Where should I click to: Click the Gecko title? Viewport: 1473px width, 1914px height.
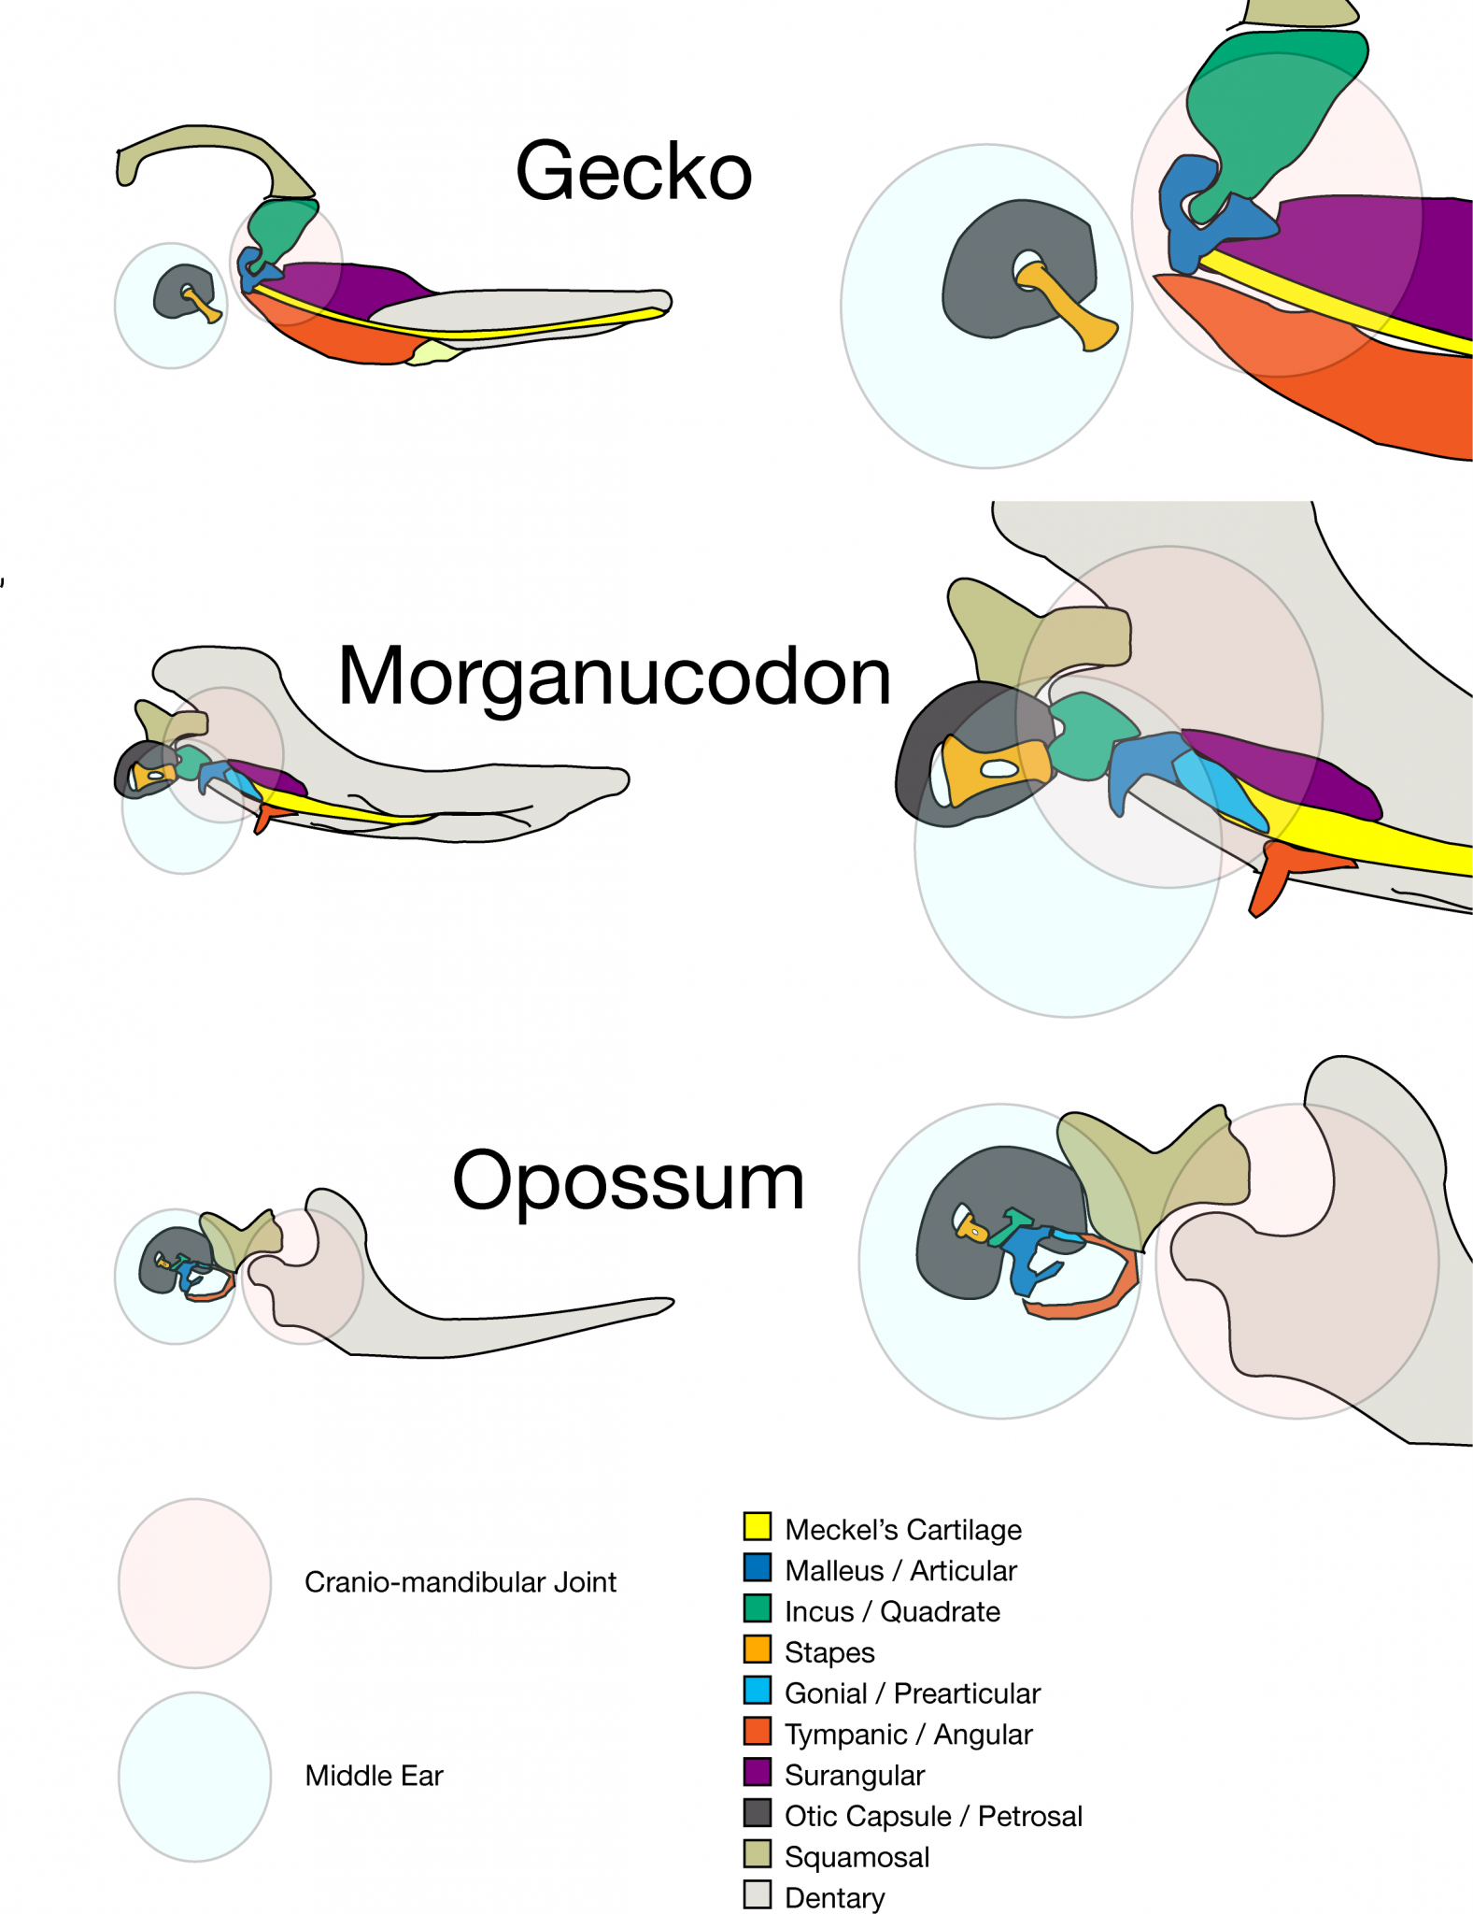point(633,171)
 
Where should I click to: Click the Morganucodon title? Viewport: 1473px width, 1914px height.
point(614,676)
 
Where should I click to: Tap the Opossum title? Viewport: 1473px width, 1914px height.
point(628,1180)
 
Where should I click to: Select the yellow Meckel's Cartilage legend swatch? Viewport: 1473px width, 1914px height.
point(757,1526)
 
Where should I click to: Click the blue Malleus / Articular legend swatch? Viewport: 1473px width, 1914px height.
point(757,1567)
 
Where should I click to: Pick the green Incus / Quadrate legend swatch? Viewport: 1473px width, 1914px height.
point(757,1608)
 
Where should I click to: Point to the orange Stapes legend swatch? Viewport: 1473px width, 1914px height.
point(757,1650)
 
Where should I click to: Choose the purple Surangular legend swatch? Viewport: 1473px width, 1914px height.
point(757,1772)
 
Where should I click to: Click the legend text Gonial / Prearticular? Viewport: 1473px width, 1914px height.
point(912,1693)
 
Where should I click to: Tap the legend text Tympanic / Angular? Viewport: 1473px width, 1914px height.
point(908,1735)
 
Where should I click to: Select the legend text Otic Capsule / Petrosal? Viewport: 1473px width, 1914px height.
point(933,1816)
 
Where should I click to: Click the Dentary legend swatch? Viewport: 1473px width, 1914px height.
point(757,1894)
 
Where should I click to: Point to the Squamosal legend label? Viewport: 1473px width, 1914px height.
point(857,1857)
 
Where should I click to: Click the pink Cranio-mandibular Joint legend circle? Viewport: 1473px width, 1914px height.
point(194,1583)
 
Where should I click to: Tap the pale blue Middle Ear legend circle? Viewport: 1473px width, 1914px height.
point(194,1776)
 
